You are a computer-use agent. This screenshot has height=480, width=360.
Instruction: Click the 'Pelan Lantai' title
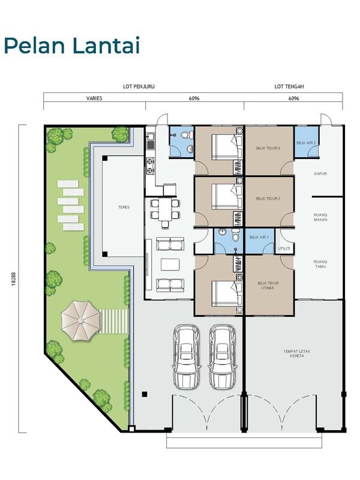72,46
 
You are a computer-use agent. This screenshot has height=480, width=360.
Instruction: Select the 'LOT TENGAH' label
289,86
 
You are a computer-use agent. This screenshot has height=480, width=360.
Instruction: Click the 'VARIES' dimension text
94,98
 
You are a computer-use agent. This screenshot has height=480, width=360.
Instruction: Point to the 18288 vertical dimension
13,278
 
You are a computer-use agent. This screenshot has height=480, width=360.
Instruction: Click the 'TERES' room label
124,207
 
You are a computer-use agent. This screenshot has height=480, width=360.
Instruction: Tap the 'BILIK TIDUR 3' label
268,148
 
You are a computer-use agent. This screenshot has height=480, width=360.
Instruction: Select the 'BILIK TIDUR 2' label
268,199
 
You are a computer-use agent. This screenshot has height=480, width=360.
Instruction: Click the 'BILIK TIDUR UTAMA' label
268,286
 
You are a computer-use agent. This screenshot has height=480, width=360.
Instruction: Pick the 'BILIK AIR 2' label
306,143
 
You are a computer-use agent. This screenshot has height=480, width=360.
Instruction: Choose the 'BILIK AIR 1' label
259,237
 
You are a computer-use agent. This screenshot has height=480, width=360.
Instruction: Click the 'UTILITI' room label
284,248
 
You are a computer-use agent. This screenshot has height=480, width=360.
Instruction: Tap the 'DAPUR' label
320,173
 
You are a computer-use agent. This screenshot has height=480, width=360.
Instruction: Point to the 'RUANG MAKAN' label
320,217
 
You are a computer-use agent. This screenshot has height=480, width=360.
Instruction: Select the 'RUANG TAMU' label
320,264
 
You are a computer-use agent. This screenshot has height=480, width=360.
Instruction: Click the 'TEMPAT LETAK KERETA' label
296,353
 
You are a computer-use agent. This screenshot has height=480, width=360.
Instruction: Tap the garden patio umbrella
81,320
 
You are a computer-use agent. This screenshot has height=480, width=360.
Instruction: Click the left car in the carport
186,356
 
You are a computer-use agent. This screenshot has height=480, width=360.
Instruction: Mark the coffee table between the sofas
170,265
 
